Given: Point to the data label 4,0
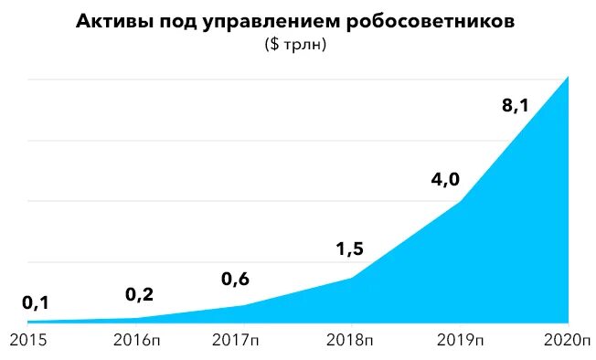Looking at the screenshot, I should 444,178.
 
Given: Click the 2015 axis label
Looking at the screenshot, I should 28,341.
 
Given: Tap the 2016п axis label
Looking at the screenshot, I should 137,341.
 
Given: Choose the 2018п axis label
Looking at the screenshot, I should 351,341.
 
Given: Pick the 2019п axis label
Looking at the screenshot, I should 459,341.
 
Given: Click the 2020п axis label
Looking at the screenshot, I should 567,341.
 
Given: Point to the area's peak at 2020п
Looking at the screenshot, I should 568,77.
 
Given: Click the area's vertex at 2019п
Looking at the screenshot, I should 460,201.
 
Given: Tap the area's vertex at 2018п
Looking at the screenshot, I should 352,278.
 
